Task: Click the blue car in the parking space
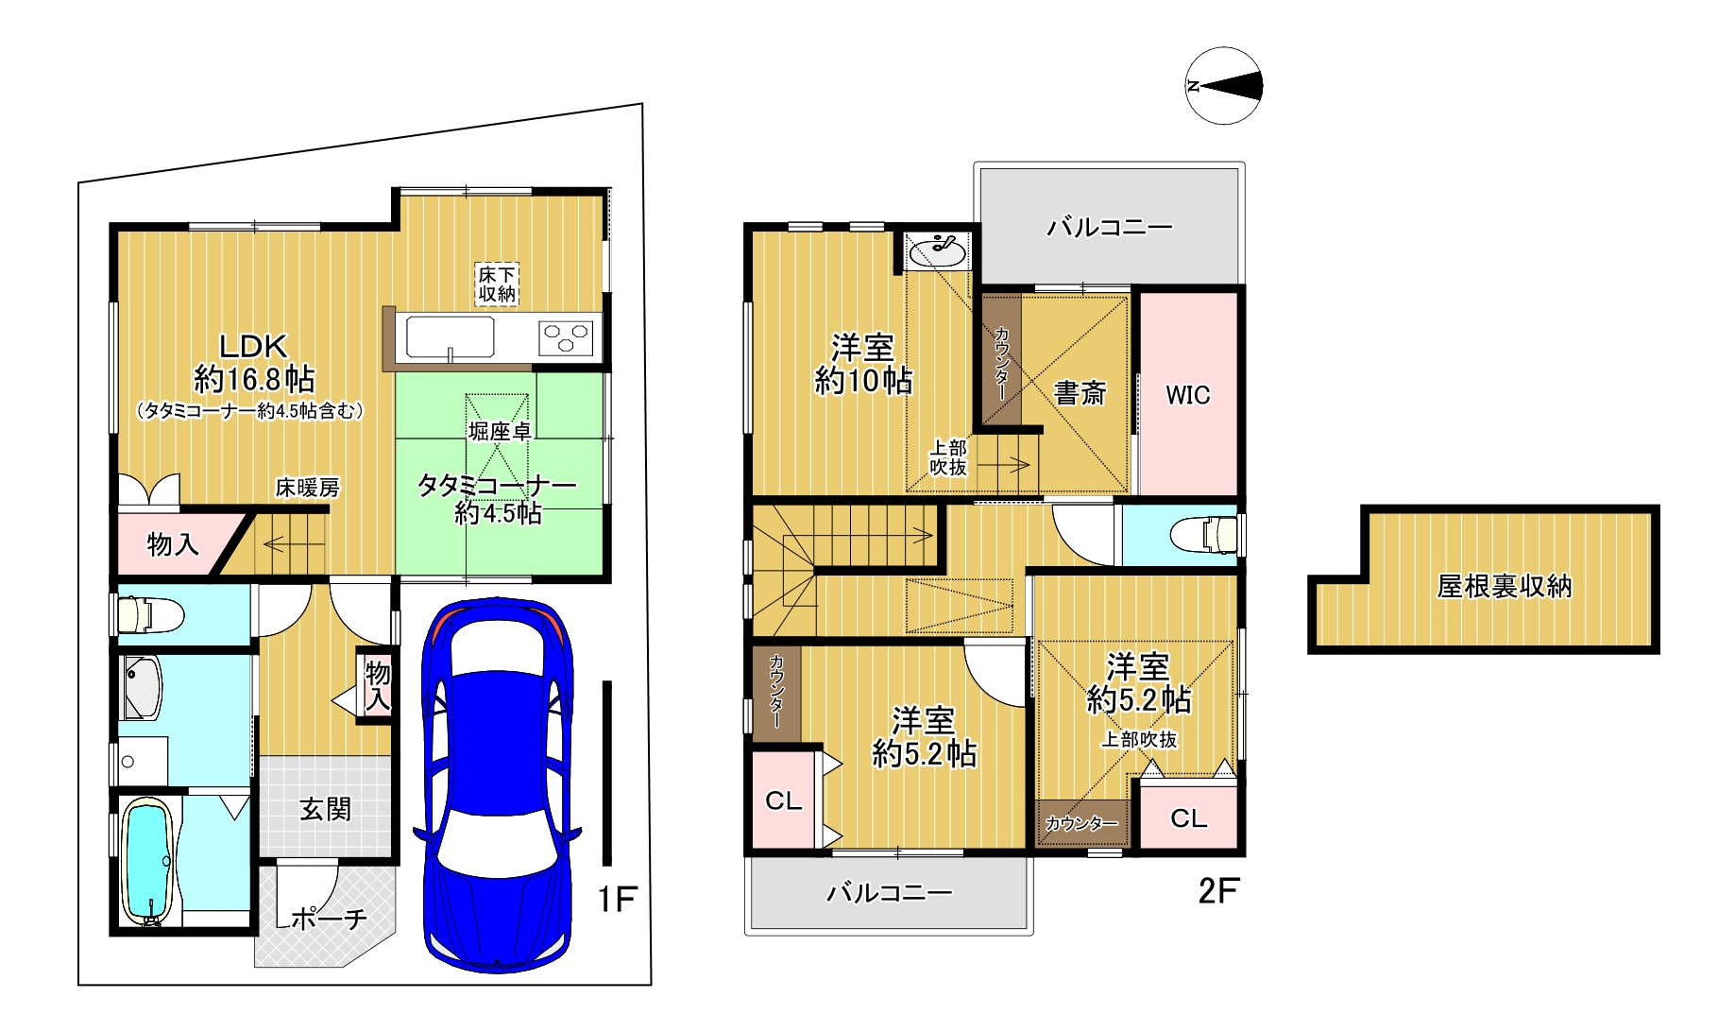point(498,784)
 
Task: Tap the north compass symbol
point(1224,86)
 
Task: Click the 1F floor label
point(618,899)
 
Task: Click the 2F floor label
point(1218,890)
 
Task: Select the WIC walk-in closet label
point(1187,395)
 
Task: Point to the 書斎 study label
point(1080,393)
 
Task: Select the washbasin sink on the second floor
point(938,251)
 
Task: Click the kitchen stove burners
point(566,337)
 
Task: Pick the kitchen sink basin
point(451,337)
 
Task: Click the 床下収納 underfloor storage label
point(497,284)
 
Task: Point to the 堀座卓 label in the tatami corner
point(500,432)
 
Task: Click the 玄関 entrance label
point(326,809)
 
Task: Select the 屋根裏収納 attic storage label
point(1504,587)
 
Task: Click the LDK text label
point(253,346)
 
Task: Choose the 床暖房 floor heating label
point(307,488)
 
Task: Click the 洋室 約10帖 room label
point(863,364)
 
